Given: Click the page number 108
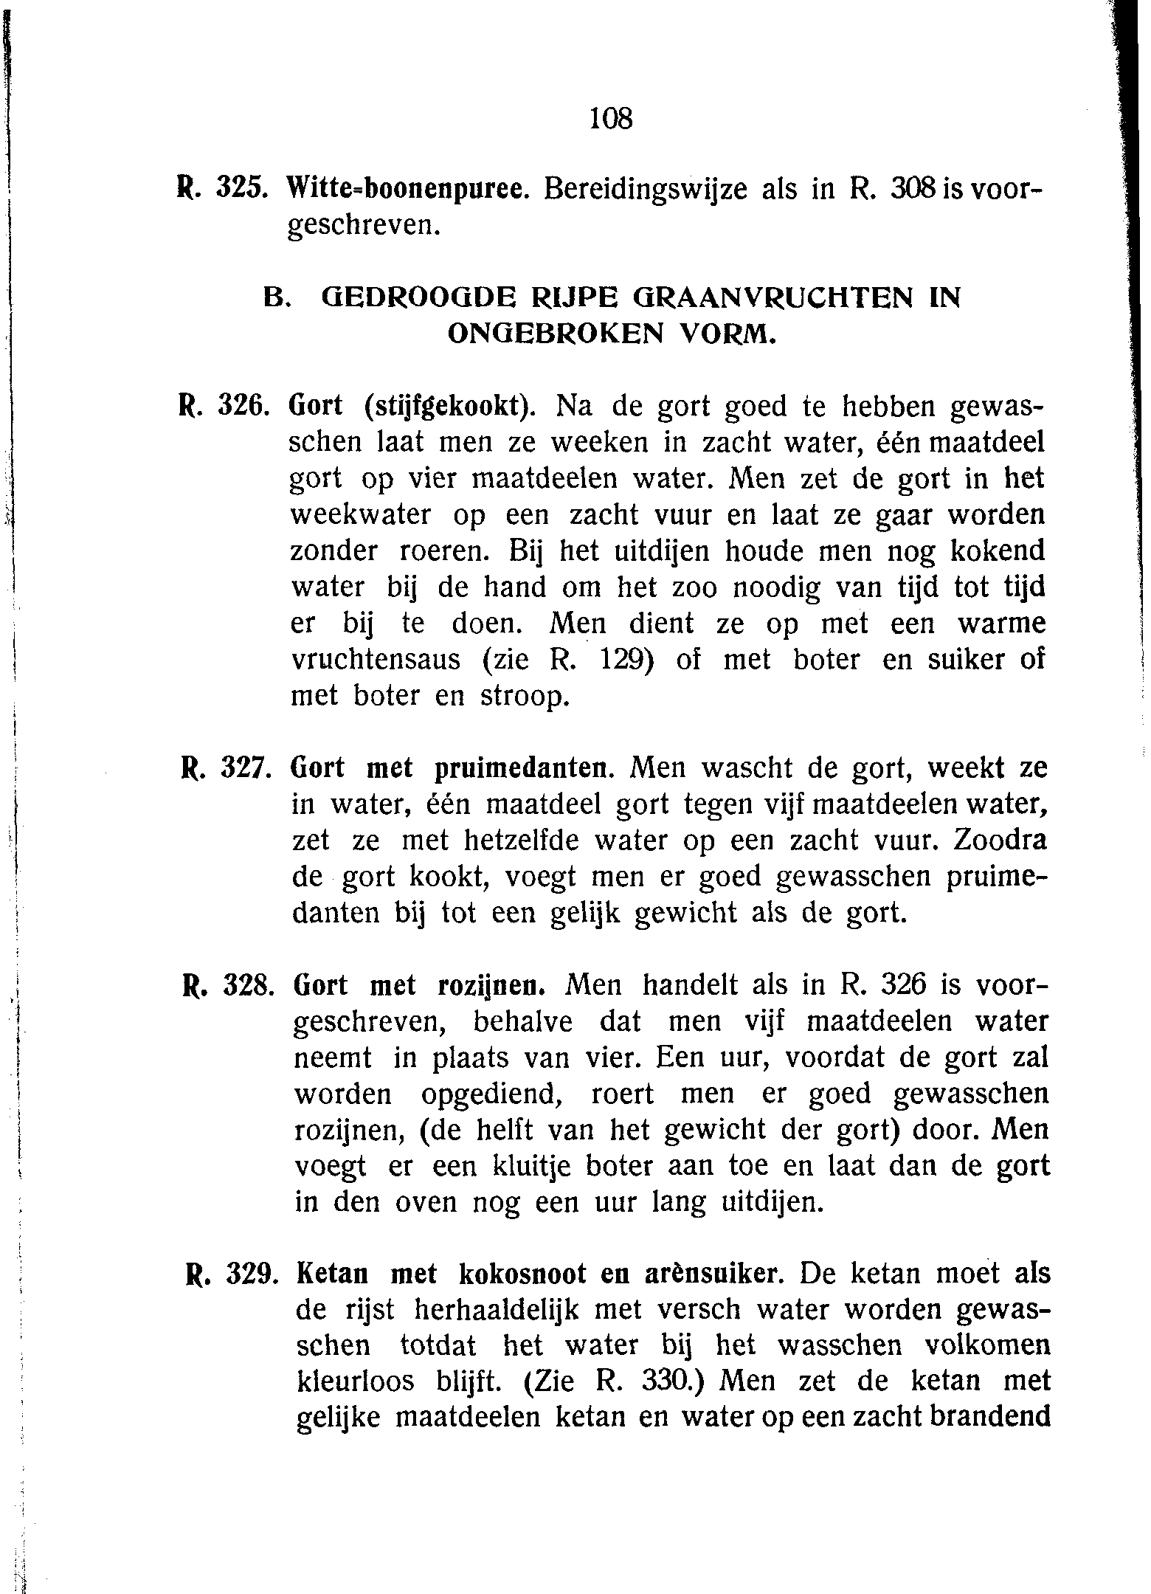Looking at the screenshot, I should [612, 118].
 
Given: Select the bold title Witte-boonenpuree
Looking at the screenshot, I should [408, 190].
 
